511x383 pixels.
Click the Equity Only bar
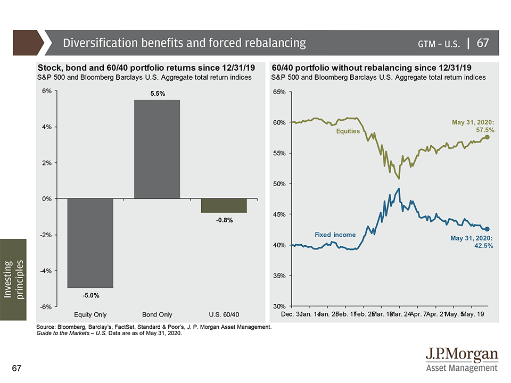click(90, 243)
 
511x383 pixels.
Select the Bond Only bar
click(157, 149)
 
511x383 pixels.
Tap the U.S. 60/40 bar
click(224, 205)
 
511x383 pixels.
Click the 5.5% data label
click(157, 94)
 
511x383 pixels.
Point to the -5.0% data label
click(90, 295)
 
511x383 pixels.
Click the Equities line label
click(348, 131)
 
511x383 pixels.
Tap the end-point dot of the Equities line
click(487, 137)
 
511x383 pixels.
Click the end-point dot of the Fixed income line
click(487, 229)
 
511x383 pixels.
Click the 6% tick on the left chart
click(46, 91)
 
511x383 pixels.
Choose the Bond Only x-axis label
click(157, 314)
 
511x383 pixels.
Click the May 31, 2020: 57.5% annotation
click(473, 126)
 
